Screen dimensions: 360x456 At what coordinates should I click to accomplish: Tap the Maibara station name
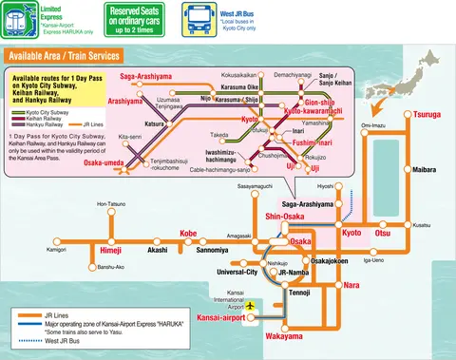click(x=424, y=170)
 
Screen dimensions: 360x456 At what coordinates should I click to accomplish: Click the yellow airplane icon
click(x=251, y=307)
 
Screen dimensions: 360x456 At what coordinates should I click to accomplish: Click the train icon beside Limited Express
click(x=17, y=19)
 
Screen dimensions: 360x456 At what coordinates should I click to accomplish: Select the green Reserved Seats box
click(x=140, y=19)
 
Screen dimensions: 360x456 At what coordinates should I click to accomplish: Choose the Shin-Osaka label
click(x=294, y=217)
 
